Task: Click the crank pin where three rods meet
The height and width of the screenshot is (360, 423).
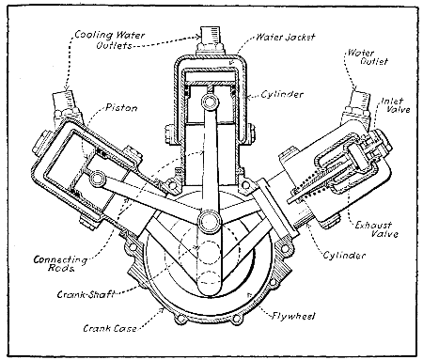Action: click(210, 223)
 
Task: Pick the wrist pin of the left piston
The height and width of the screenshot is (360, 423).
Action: click(98, 178)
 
